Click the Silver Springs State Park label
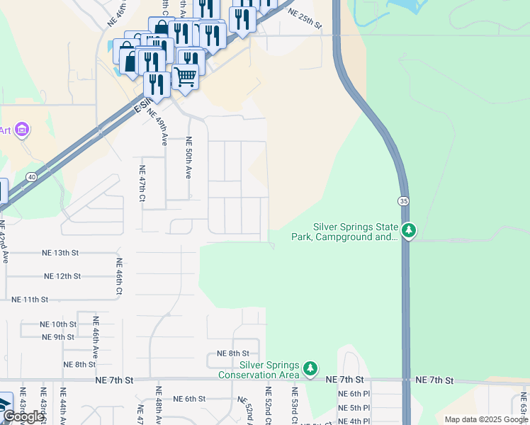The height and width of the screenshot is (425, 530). [355, 232]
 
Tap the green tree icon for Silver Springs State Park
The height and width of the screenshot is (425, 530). [408, 230]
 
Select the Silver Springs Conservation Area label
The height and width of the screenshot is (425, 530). [259, 369]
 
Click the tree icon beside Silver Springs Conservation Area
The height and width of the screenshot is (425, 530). [310, 368]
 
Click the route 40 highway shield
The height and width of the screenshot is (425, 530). [31, 176]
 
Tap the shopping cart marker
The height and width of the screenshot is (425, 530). [186, 75]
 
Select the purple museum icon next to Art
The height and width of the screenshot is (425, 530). [22, 130]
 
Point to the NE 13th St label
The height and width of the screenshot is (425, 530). [60, 253]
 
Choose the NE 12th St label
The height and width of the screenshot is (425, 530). [62, 276]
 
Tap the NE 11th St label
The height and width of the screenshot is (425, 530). [30, 300]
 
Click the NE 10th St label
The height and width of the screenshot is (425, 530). [58, 324]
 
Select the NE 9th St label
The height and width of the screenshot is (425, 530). [58, 337]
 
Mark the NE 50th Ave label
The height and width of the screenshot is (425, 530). [188, 157]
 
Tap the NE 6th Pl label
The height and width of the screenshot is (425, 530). [354, 394]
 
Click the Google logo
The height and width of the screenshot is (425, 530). [23, 416]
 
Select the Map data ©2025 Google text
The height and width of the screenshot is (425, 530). [486, 419]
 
